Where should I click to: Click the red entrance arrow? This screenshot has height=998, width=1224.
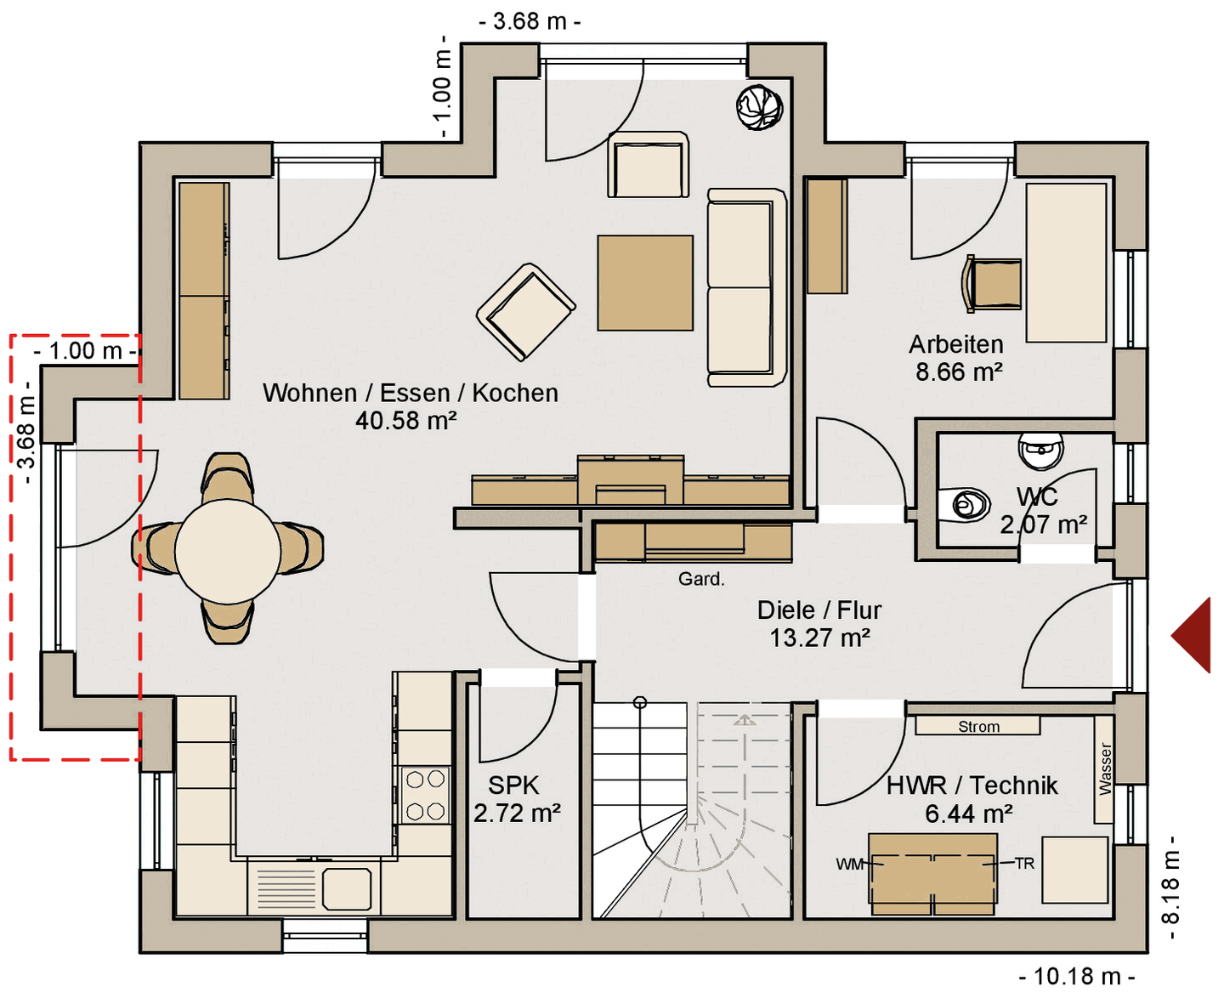click(1193, 634)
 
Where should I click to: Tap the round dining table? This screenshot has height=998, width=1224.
click(228, 551)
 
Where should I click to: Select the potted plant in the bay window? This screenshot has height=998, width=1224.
click(759, 107)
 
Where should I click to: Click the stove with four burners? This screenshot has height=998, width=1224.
click(425, 795)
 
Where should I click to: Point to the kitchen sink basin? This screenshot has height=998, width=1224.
click(347, 888)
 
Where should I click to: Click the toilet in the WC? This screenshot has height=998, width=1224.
click(964, 504)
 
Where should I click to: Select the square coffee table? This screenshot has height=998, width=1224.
click(645, 283)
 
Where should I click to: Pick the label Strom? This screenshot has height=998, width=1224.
click(978, 726)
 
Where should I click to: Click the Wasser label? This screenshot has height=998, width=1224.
click(1105, 769)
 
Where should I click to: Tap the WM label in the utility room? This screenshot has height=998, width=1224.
click(850, 865)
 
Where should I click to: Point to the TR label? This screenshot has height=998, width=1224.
click(1025, 864)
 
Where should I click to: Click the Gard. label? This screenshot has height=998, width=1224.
click(701, 579)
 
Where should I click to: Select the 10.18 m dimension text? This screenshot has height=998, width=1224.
click(1077, 977)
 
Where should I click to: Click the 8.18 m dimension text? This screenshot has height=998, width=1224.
click(1170, 887)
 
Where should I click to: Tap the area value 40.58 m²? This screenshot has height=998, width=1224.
click(405, 420)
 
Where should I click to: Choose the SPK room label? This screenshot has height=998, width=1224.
click(513, 785)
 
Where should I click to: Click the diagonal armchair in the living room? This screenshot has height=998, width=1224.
click(526, 312)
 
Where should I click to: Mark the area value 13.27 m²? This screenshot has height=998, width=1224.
click(819, 638)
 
